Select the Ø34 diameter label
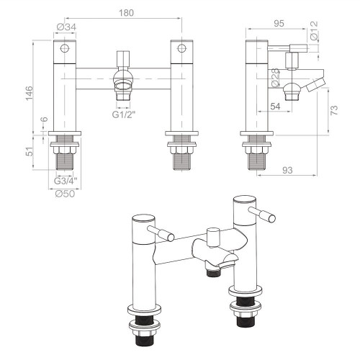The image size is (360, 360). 65,28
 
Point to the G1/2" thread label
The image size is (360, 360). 125,114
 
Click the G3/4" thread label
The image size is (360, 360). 66,180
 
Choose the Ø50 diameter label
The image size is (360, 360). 66,193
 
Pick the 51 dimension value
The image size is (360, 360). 29,153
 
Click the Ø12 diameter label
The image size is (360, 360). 313,31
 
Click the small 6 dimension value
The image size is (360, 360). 42,120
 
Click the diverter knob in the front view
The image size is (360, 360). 124,58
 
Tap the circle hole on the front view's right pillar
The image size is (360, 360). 179,49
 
